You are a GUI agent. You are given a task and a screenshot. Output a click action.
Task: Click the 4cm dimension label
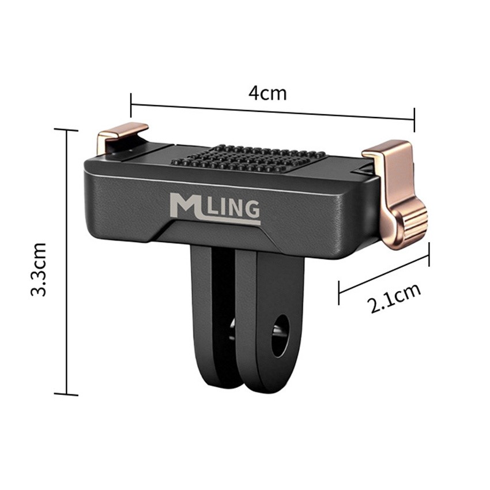pos(267,92)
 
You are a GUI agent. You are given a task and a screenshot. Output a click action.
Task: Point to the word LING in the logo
pos(233,210)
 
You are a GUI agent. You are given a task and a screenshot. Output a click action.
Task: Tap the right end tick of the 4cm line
pos(414,119)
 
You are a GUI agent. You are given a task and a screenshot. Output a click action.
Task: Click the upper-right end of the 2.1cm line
pos(429,254)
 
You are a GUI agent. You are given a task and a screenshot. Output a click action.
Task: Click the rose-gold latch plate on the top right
pos(387,151)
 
